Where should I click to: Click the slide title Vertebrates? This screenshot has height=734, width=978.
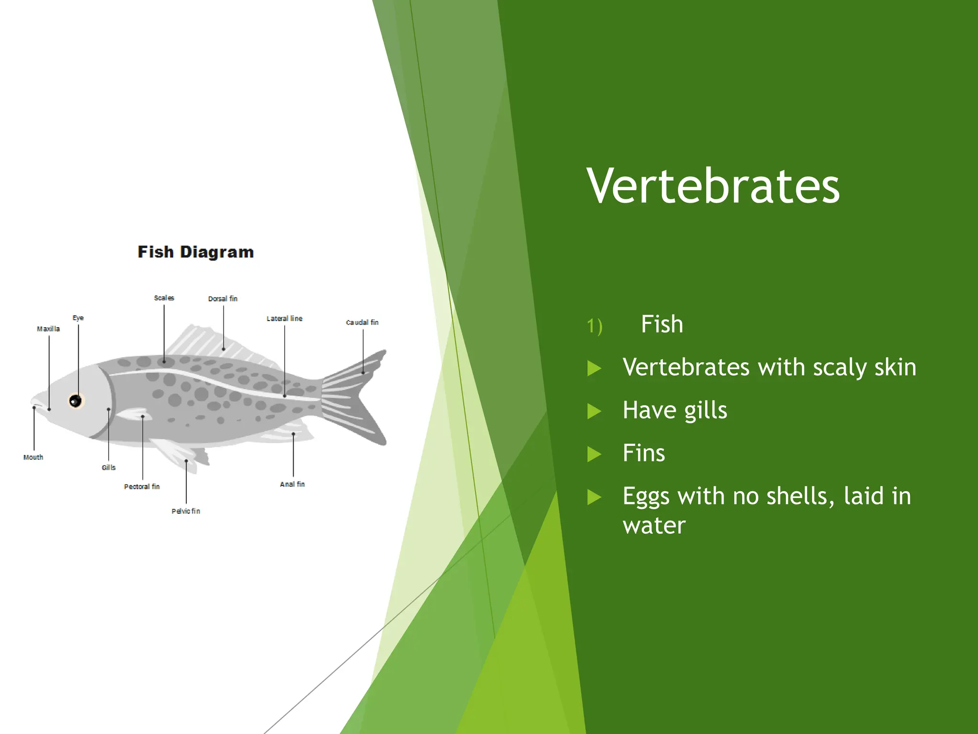713,186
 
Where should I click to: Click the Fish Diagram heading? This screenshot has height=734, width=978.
196,252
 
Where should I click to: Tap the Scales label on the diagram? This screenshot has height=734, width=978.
164,298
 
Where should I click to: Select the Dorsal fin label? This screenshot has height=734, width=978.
223,299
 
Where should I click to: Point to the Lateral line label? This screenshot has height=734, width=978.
284,318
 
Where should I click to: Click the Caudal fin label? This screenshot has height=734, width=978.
362,323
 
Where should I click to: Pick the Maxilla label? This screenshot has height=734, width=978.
48,329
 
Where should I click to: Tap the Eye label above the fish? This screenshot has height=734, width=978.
78,318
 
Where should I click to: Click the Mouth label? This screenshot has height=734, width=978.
33,457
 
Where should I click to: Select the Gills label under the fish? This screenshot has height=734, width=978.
108,467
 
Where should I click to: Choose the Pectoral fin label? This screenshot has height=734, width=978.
142,486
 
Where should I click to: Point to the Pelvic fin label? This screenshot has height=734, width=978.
186,511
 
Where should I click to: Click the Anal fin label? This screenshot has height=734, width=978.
292,484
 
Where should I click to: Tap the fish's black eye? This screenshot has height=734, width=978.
75,400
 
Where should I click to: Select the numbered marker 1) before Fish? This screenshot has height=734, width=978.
595,326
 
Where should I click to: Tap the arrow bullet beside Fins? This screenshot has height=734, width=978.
594,454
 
